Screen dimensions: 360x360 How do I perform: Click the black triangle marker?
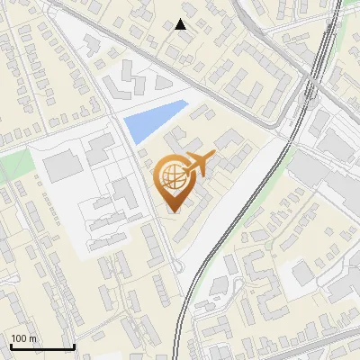(182, 24)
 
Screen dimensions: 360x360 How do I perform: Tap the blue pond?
(153, 122)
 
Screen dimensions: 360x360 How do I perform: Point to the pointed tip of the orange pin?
(172, 211)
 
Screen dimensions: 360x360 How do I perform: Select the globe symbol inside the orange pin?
(171, 179)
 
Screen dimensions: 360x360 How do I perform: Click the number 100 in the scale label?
(20, 338)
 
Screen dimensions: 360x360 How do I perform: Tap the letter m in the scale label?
(33, 338)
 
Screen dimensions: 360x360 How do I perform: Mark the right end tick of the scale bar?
(73, 346)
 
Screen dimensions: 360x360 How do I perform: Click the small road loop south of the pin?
(178, 266)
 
